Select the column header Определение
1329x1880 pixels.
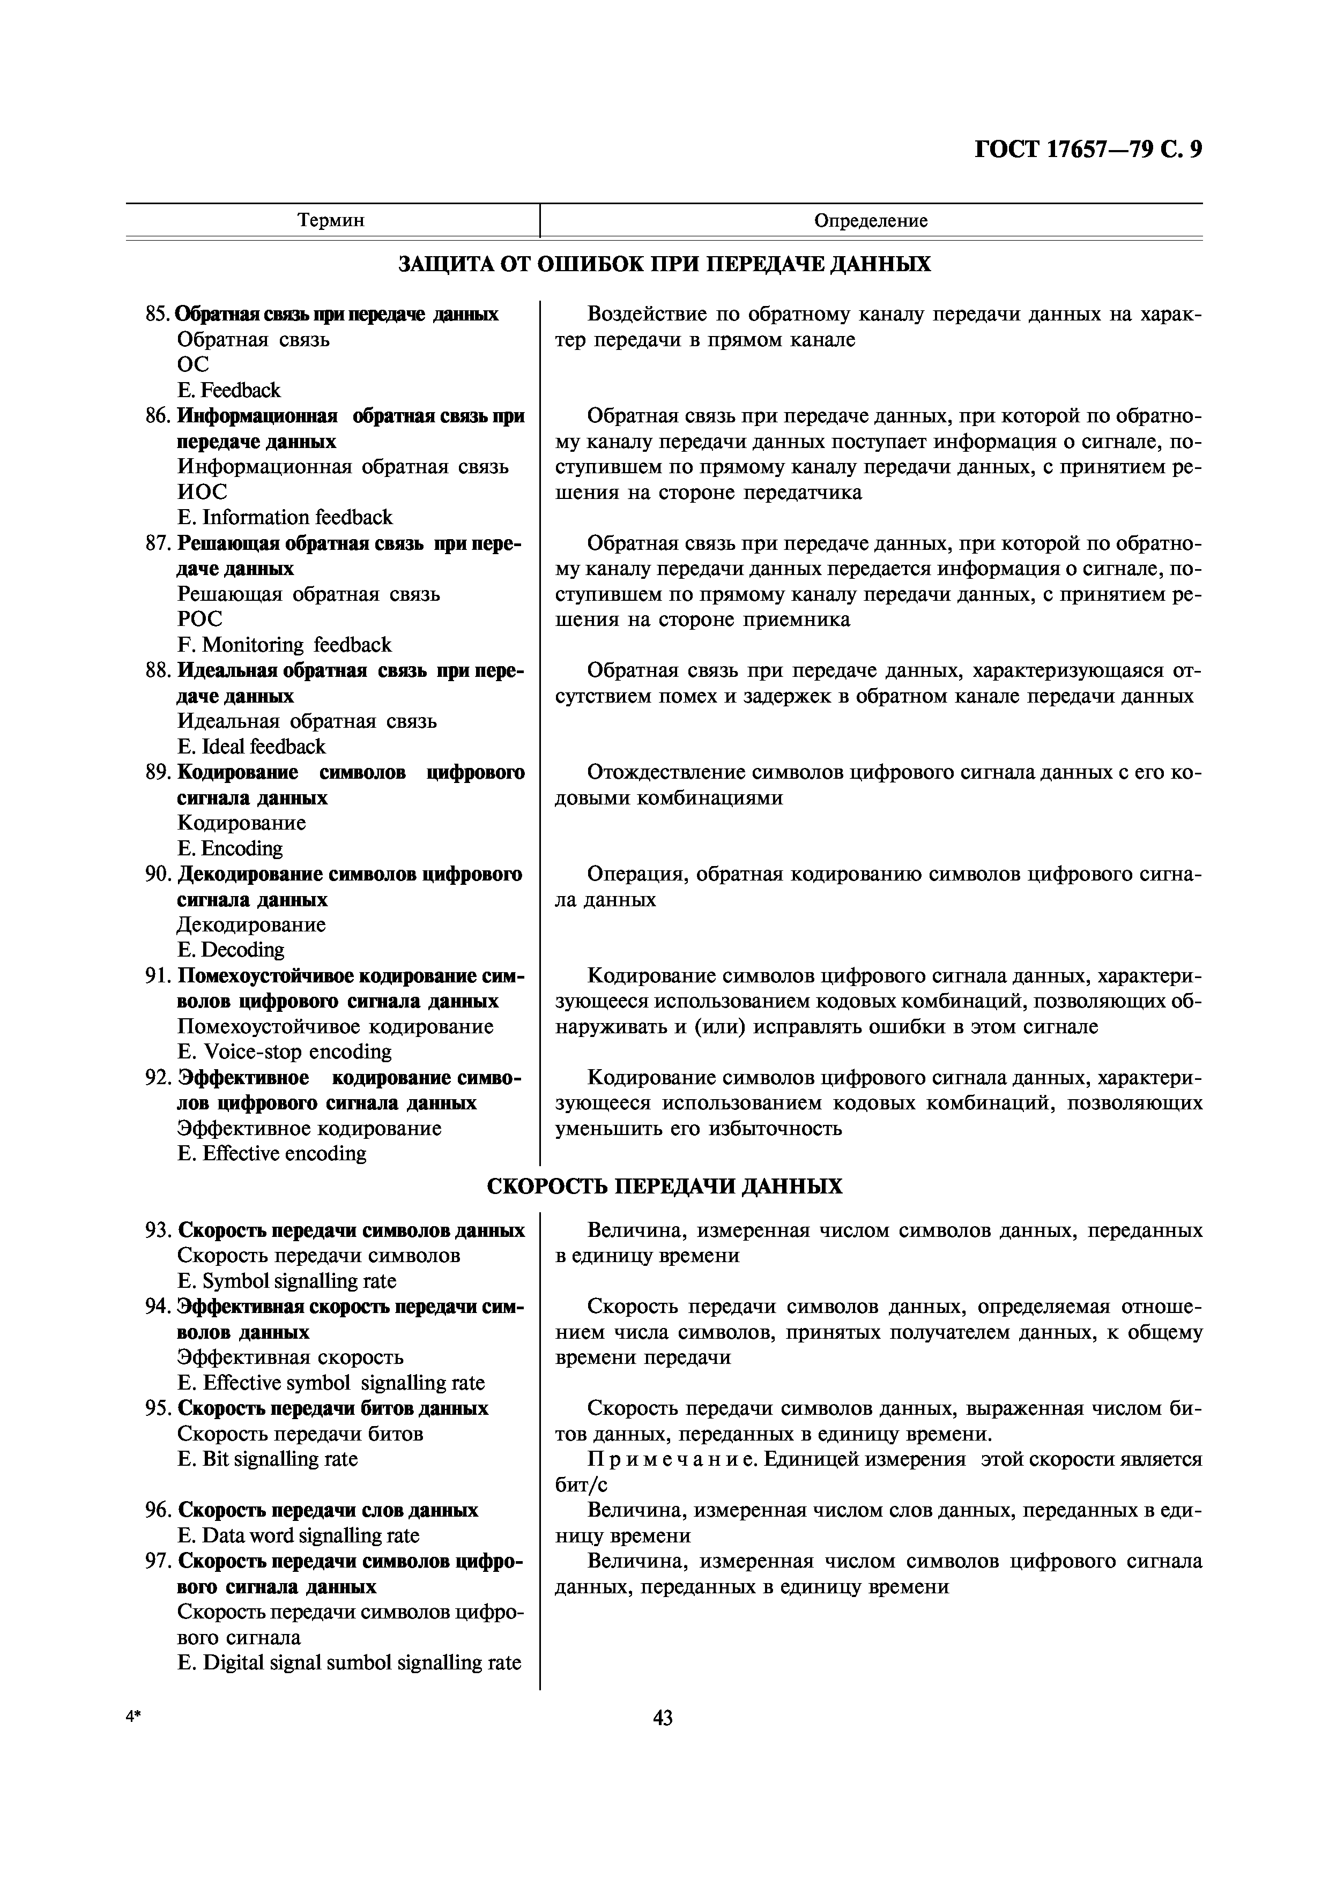click(871, 220)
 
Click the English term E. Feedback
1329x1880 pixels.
click(229, 390)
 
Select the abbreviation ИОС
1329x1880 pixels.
click(202, 492)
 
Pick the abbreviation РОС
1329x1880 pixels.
click(200, 619)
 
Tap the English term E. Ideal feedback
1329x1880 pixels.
click(251, 746)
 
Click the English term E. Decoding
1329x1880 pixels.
click(231, 950)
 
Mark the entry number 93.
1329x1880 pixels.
click(158, 1230)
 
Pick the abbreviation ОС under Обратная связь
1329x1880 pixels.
click(193, 364)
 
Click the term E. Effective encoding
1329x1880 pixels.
click(272, 1153)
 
